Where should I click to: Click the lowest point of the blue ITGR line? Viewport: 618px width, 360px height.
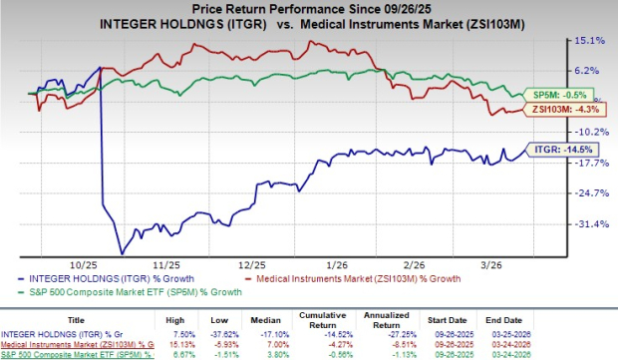click(x=122, y=252)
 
